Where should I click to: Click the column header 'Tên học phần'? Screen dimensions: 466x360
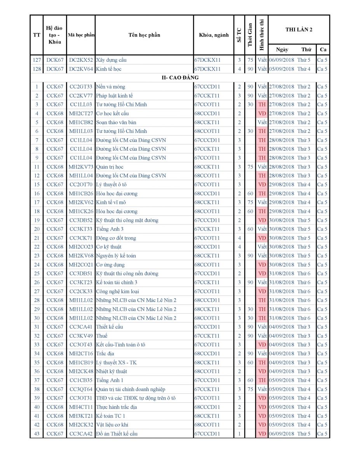[x=144, y=35]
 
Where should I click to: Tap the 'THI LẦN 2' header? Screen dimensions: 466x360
[x=299, y=30]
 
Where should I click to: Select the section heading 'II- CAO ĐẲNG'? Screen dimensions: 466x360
[x=180, y=78]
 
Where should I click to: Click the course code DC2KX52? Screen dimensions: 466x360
[x=81, y=60]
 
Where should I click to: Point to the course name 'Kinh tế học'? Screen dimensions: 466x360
[x=109, y=69]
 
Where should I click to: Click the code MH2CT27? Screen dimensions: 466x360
[x=81, y=113]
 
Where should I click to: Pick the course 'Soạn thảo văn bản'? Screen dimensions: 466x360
[x=116, y=122]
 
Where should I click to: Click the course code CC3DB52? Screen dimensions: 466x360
[x=81, y=220]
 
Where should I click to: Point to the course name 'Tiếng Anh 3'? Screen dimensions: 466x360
[x=110, y=229]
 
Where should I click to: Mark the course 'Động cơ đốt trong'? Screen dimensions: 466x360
[x=116, y=238]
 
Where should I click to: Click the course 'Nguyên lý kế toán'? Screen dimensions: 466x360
[x=116, y=256]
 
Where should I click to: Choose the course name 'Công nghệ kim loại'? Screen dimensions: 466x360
[x=118, y=291]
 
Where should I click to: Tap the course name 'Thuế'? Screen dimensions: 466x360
[x=102, y=336]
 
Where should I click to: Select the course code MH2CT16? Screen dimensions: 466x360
[x=81, y=353]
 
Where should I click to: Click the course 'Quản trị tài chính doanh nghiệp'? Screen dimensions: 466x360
[x=130, y=389]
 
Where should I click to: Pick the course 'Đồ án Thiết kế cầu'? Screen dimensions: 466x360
[x=117, y=434]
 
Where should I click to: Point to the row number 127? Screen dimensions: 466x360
[x=37, y=60]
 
